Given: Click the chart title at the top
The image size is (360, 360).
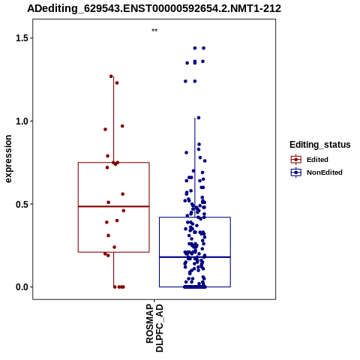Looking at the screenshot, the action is [154, 8].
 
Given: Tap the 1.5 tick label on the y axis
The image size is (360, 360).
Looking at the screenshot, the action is [21, 38].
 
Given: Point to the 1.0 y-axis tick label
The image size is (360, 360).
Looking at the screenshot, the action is [21, 121].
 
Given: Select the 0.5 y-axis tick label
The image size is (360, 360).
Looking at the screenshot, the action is [21, 204].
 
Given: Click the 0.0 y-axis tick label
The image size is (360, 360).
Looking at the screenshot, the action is [21, 287].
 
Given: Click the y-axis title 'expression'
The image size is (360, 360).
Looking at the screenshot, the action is [8, 159].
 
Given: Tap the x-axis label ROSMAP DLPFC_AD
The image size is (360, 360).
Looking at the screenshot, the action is [154, 328].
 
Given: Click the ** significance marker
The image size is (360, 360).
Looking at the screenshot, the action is [154, 30].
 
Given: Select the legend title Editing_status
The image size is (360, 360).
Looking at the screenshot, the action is [320, 145].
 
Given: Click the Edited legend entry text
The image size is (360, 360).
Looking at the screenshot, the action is [317, 160].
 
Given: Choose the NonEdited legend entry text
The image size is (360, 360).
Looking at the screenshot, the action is [325, 172].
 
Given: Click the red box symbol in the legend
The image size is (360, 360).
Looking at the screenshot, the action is [296, 160].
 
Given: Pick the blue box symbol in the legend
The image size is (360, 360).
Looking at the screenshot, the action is [296, 172].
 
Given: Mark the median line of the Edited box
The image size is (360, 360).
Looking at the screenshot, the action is [114, 206].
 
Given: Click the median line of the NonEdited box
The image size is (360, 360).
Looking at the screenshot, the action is [195, 257].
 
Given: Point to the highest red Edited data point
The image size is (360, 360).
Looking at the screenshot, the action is [111, 76].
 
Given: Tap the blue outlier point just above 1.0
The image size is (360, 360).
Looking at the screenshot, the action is [199, 118].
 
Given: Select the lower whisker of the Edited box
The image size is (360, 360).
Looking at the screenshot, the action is [114, 269].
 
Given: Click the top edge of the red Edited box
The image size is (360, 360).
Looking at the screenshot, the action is [114, 163].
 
